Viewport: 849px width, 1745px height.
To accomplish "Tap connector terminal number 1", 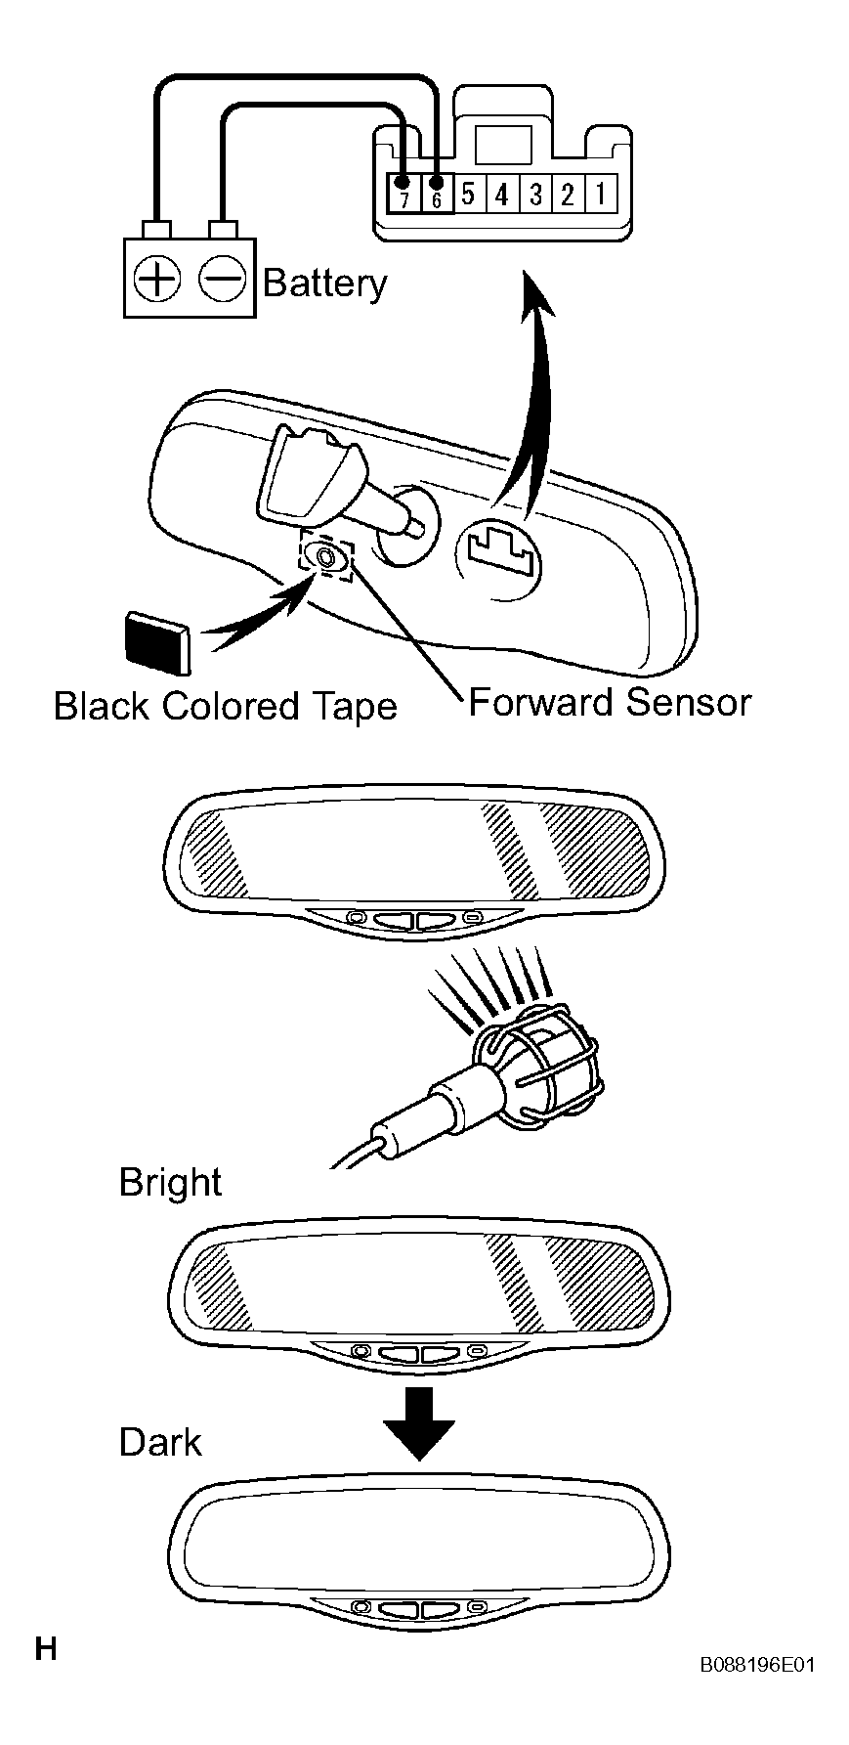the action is tap(601, 195).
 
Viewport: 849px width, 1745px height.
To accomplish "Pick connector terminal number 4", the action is tap(501, 195).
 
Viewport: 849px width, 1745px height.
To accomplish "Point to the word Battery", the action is tap(325, 284).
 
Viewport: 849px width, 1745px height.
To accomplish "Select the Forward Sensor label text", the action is tap(611, 702).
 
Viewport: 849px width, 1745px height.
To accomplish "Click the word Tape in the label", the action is tap(357, 706).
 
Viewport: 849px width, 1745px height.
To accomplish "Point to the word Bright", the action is tap(170, 1183).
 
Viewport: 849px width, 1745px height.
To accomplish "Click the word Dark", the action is tap(159, 1442).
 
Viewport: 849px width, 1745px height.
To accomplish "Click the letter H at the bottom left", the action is tap(46, 1648).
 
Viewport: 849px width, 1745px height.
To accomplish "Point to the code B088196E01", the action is tap(756, 1665).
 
